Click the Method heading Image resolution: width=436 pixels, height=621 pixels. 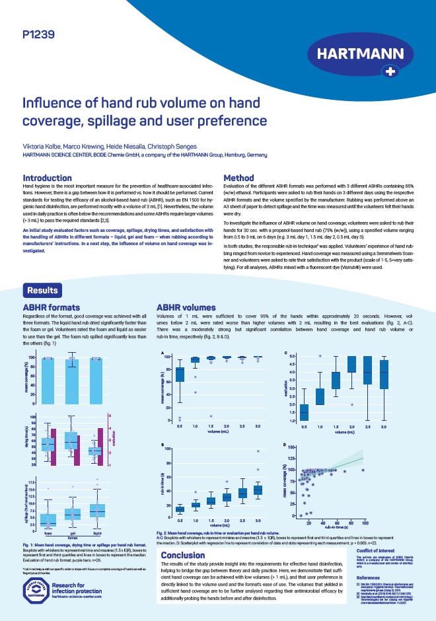click(x=239, y=178)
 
